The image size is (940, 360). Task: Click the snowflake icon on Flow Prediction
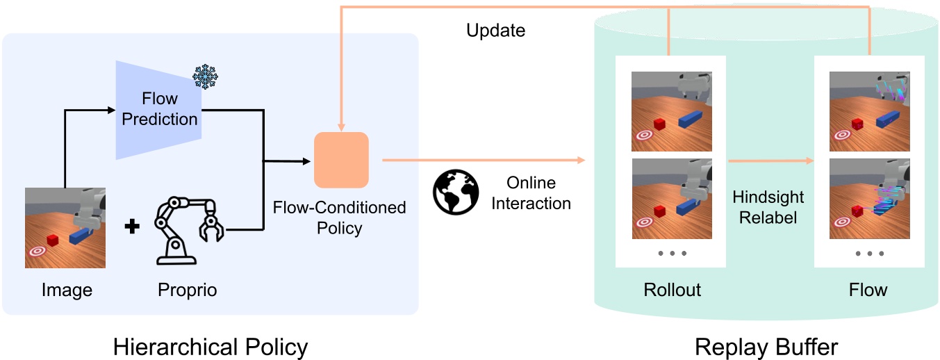[205, 76]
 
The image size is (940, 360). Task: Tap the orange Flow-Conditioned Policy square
[340, 160]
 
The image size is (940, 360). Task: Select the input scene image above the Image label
[65, 227]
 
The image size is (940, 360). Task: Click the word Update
[495, 31]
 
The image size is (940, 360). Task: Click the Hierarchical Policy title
[211, 345]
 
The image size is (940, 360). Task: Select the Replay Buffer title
[766, 345]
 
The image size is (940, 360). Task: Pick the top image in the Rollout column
[671, 111]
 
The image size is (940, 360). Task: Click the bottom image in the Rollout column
[671, 199]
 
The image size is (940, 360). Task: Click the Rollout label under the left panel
[672, 289]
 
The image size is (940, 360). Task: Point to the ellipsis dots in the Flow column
[869, 254]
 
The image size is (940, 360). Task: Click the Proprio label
[187, 290]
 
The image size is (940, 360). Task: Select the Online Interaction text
[531, 193]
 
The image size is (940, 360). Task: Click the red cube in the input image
[53, 240]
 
